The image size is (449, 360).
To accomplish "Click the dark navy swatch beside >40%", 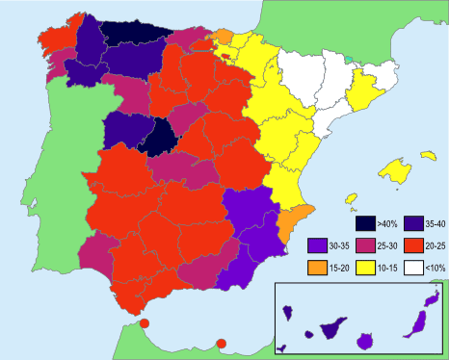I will [x=364, y=223].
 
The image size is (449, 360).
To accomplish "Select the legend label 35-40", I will [x=431, y=223].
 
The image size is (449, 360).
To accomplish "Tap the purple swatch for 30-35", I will [x=318, y=245].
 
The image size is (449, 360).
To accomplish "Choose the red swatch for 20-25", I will [x=414, y=245].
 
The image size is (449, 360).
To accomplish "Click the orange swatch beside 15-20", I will [x=318, y=267].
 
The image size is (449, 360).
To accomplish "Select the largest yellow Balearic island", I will [x=395, y=170].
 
